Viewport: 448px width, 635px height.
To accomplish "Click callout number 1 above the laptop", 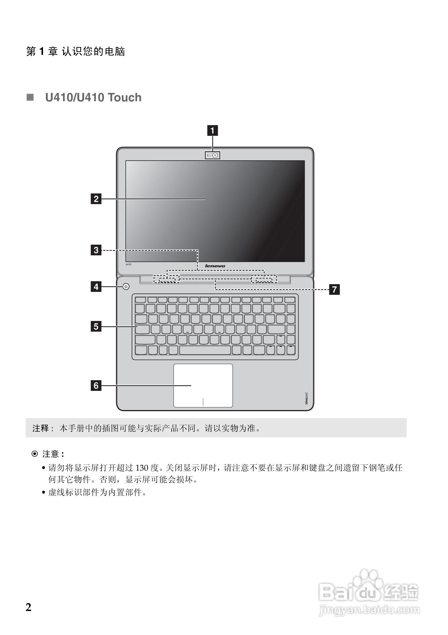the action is tap(212, 130).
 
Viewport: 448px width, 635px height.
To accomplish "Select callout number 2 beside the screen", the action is tap(96, 199).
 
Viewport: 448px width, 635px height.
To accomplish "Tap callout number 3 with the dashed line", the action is tap(96, 250).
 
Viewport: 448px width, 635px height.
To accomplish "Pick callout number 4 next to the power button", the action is tap(96, 287).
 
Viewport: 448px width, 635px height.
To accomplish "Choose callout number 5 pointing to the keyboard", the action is tap(96, 326).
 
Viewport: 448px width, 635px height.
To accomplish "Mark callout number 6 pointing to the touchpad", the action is tap(96, 385).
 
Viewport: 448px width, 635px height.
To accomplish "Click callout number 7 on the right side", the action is tap(334, 289).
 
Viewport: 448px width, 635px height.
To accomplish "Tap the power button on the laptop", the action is tap(126, 287).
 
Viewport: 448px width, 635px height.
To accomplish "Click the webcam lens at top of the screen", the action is tap(215, 156).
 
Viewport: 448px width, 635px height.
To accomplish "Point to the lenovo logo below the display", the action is tap(215, 266).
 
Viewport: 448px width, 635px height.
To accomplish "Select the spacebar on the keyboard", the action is tap(205, 350).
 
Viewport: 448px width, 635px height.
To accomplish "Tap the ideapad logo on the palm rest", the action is tap(306, 398).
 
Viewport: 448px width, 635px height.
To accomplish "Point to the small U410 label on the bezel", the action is tap(129, 264).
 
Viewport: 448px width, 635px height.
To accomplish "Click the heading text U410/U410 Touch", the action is tap(93, 98).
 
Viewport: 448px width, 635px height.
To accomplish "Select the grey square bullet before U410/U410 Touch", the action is tap(30, 97).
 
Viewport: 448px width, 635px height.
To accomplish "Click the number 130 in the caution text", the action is tap(142, 468).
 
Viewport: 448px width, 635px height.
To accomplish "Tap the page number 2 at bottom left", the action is tap(29, 607).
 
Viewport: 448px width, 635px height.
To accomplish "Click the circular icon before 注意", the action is tap(35, 454).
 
